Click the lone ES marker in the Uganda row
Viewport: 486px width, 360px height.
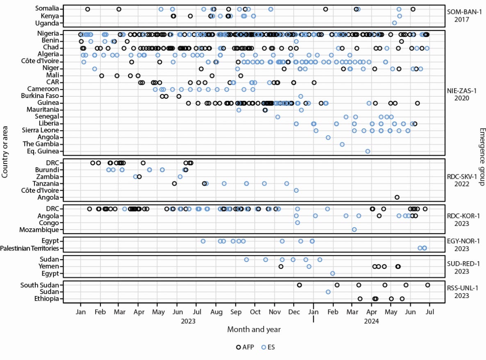coord(395,23)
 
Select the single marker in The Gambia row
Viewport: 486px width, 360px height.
coord(342,144)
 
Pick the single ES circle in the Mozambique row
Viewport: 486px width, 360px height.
coord(354,230)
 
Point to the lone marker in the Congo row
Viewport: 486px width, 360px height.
coord(297,223)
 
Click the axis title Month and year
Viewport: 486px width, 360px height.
coord(254,329)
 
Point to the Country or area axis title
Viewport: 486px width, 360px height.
coord(5,151)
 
